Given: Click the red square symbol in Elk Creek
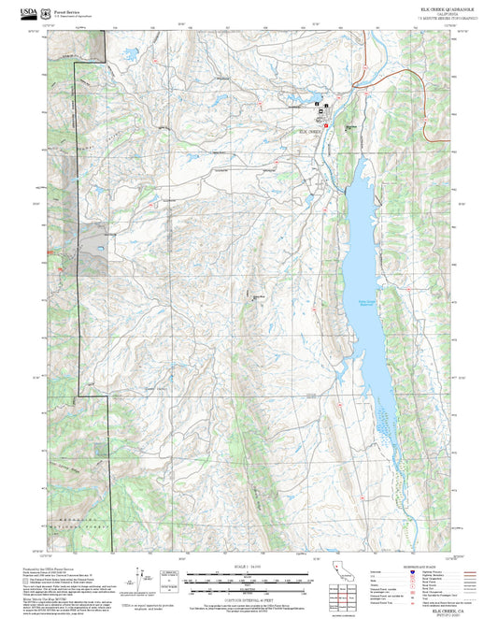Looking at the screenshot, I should pos(326,125).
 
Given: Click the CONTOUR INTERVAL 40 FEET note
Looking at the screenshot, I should pos(249,599).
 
